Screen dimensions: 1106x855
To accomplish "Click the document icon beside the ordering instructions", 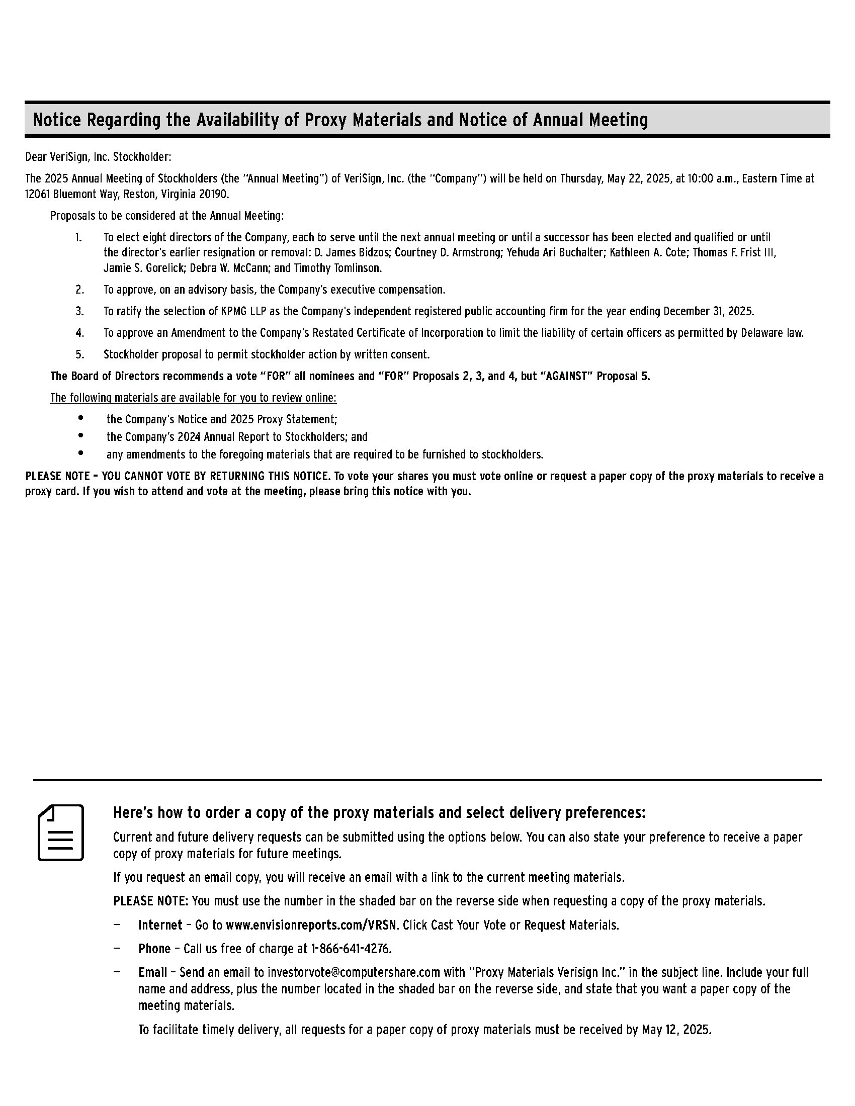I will coord(61,832).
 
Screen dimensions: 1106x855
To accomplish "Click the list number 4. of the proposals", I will coord(79,333).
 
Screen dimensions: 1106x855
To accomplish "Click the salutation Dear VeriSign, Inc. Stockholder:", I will coord(98,157).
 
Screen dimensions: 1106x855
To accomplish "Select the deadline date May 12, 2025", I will coord(676,1030).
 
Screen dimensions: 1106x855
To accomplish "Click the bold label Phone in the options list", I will coord(154,949).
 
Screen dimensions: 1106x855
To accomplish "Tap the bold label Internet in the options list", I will coord(160,925).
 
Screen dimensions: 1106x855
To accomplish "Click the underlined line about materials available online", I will coord(193,398).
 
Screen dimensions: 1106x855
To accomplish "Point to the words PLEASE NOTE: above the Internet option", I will coord(150,901).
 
